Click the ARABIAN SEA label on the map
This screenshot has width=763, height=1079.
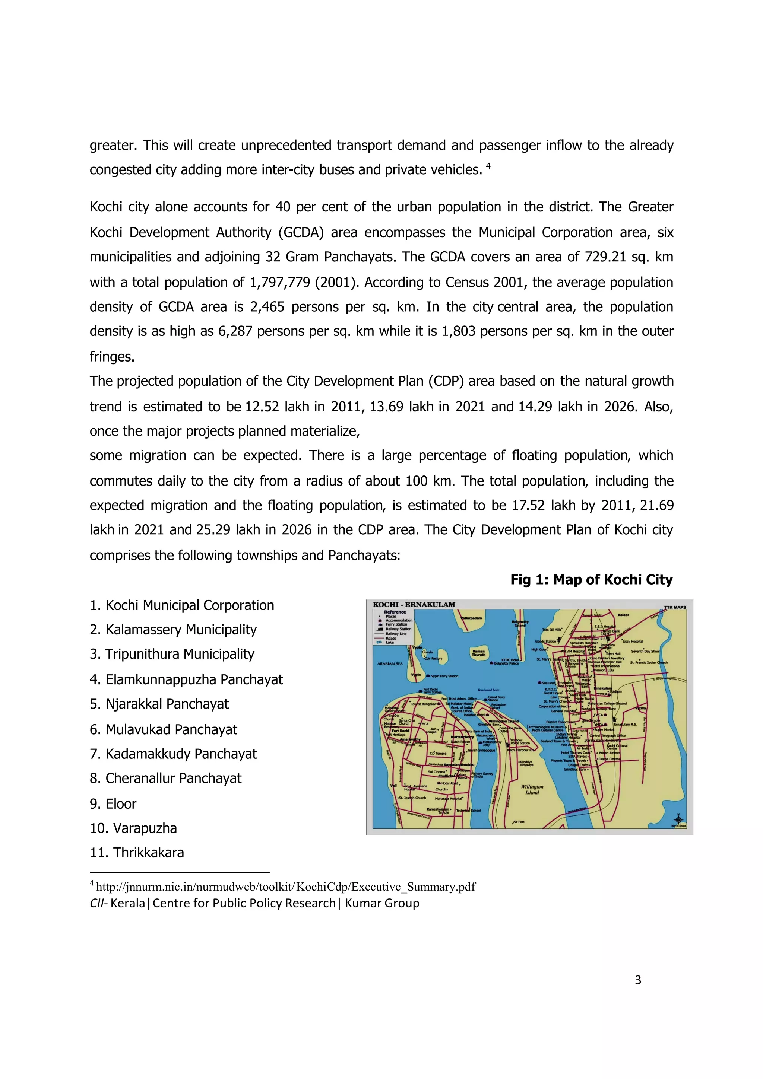click(390, 663)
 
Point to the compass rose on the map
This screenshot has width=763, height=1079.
click(678, 819)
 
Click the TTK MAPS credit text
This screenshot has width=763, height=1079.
click(675, 607)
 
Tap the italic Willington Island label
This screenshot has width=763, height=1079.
click(532, 789)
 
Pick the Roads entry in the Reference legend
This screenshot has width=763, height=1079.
click(391, 638)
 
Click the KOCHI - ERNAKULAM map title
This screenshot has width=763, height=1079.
click(414, 604)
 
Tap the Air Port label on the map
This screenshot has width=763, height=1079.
click(519, 822)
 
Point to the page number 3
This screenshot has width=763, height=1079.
click(638, 980)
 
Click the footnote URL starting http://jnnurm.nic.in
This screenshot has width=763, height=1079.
click(285, 887)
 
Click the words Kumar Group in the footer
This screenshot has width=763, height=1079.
click(382, 903)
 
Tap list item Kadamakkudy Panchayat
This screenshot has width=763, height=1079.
click(181, 754)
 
